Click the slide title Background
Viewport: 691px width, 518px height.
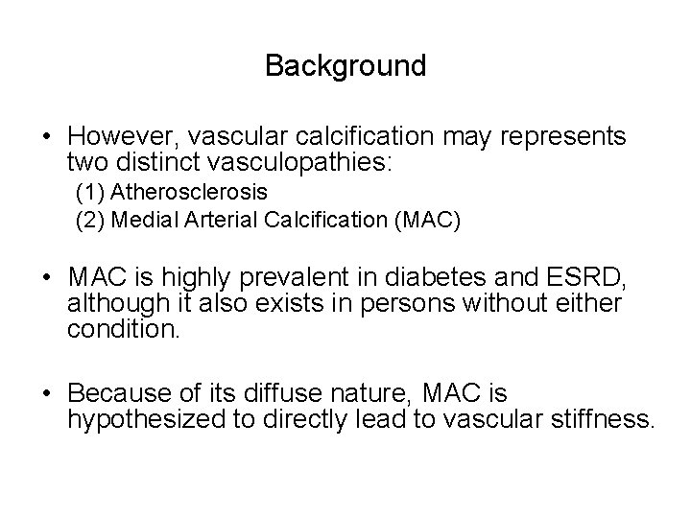345,66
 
